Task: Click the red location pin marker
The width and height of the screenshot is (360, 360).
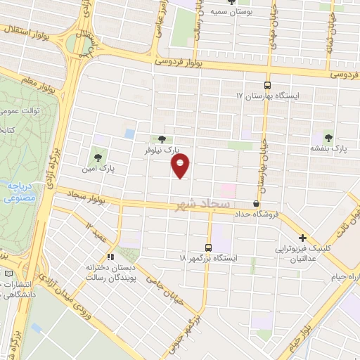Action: tap(181, 166)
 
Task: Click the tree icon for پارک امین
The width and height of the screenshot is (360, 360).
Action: tap(98, 157)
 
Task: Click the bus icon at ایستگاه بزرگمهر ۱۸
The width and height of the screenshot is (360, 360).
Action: tap(207, 247)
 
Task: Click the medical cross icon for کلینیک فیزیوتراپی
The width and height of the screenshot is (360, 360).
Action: tap(302, 238)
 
